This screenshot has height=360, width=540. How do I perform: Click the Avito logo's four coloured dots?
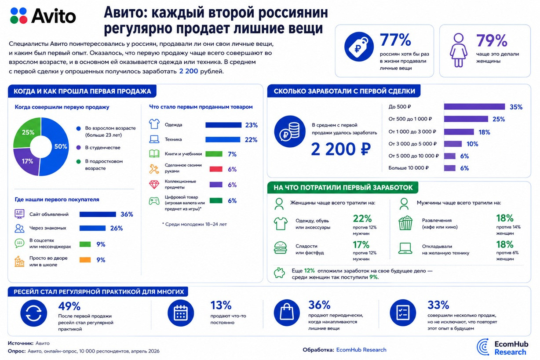click(18, 16)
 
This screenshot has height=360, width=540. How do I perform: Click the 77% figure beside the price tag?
click(395, 40)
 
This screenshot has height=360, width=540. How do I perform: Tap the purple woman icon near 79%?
click(458, 50)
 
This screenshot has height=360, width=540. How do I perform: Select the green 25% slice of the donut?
click(27, 132)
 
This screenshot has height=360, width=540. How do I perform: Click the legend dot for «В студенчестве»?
click(78, 147)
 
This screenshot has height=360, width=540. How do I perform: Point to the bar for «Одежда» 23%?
click(223, 125)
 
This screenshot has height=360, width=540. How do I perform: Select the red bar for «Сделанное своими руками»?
click(216, 169)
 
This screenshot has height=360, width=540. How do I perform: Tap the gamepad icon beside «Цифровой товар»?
click(154, 201)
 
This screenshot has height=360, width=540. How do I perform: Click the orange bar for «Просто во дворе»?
click(85, 260)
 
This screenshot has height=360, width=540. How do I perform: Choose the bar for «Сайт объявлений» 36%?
click(98, 214)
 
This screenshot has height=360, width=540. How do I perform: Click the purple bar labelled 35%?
click(474, 106)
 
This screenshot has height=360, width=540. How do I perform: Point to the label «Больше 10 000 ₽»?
click(409, 168)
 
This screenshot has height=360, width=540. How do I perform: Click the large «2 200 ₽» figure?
click(340, 149)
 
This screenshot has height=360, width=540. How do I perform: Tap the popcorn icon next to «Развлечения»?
click(405, 223)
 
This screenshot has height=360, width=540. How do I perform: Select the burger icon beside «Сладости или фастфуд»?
click(281, 248)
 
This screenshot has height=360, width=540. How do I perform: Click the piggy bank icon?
click(279, 273)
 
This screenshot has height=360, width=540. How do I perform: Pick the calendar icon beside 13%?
click(181, 313)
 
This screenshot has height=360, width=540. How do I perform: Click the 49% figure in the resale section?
click(69, 306)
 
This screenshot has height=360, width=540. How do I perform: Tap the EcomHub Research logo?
click(502, 347)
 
